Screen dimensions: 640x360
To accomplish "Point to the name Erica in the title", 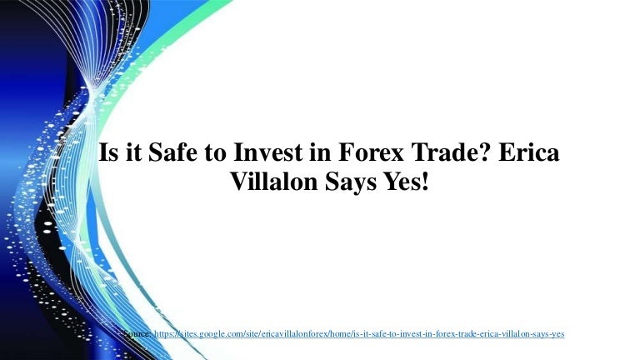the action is pos(529,152).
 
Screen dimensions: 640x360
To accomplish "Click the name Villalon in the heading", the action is pos(274,181).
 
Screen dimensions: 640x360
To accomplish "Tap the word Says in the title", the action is pos(351,182).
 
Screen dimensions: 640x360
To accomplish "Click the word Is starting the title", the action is pos(107,152).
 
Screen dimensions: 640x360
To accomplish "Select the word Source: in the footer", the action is pos(137,333).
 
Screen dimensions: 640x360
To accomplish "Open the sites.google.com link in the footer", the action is pos(359,334).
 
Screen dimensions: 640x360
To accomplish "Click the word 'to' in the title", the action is pos(216,152).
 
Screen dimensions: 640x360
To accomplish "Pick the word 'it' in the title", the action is pos(132,152).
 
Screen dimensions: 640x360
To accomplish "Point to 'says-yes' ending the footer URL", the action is pos(550,334).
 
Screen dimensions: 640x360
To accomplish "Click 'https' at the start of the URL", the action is pos(162,334).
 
